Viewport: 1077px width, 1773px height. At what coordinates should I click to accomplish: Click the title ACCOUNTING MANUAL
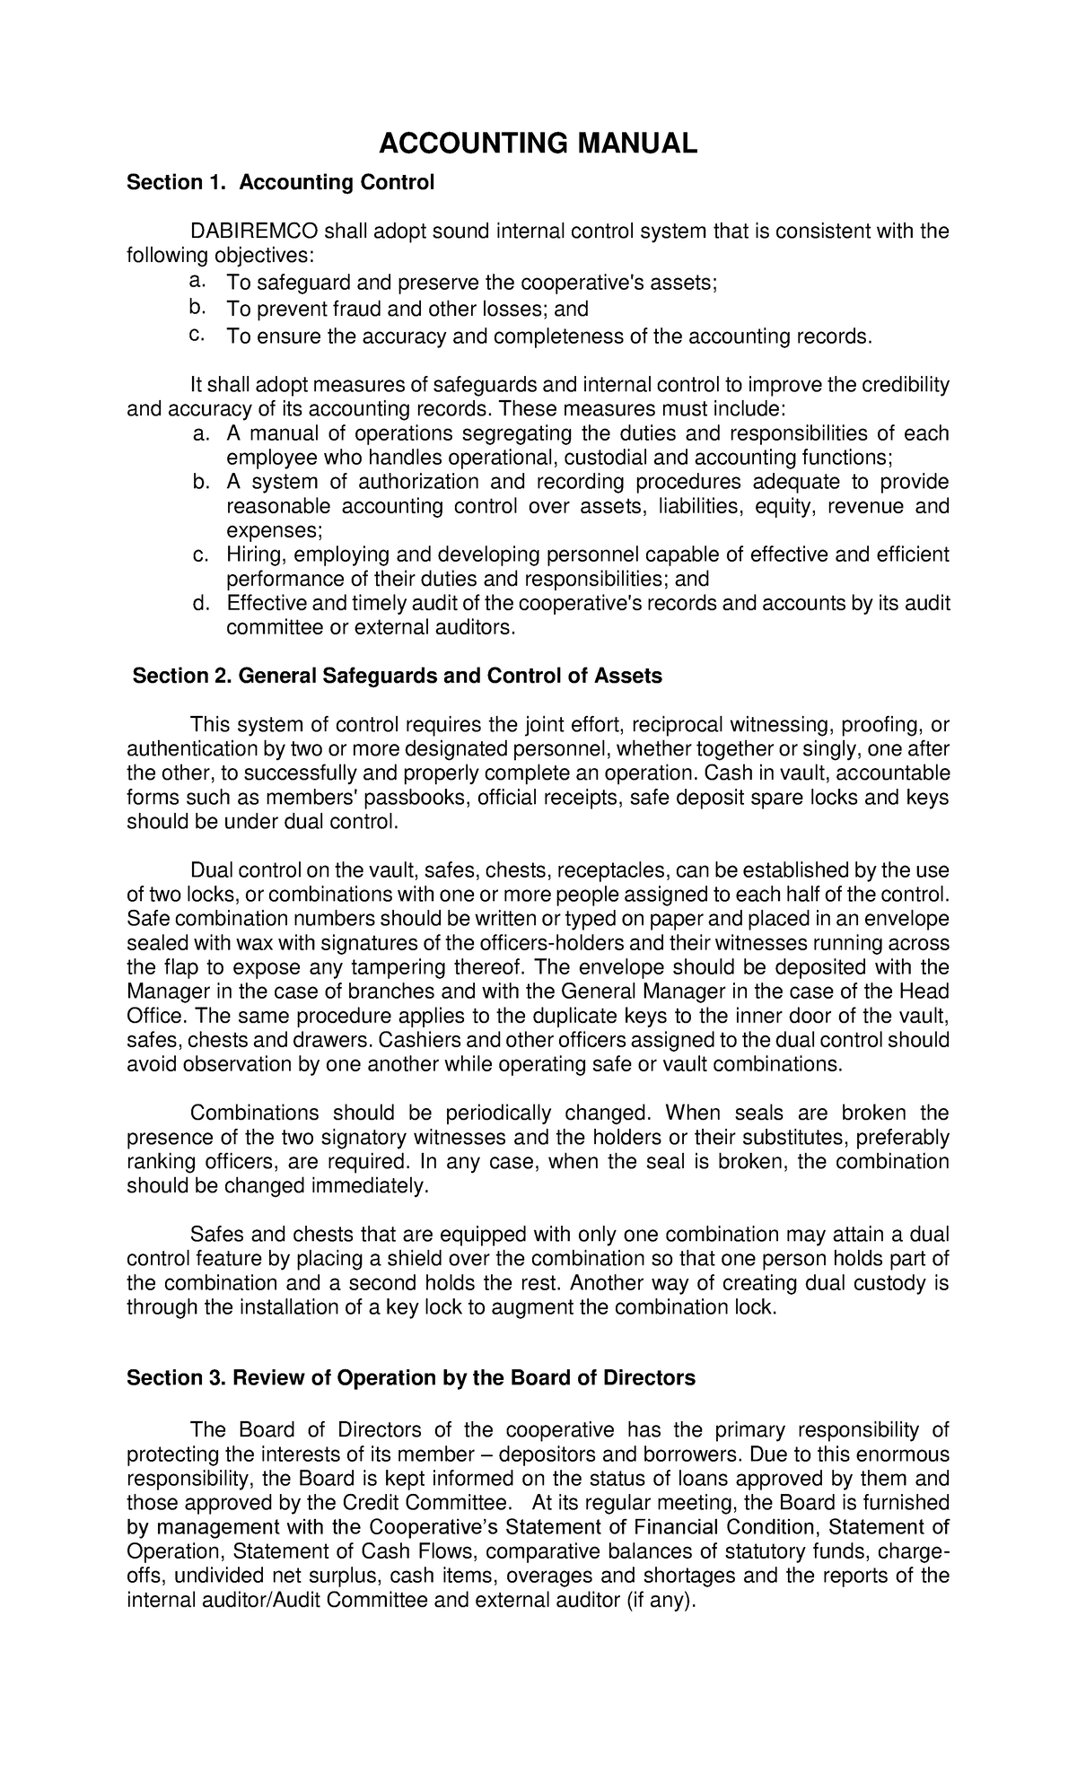click(x=537, y=144)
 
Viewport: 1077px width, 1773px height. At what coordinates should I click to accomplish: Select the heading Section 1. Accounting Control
click(x=280, y=183)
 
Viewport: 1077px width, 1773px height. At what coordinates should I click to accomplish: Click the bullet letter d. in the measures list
click(x=200, y=603)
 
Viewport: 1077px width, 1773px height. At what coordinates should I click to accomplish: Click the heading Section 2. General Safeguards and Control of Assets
click(x=397, y=676)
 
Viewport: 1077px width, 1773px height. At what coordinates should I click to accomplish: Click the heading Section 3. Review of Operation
click(x=411, y=1377)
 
